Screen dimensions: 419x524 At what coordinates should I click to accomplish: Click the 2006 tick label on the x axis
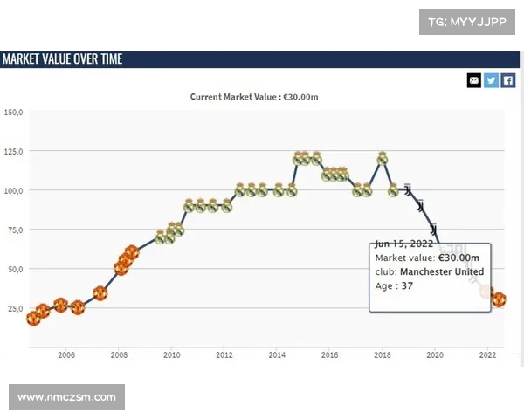coord(65,355)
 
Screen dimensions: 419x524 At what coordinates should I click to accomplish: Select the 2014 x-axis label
coord(277,355)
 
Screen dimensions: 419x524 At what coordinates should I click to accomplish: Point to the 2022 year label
coord(487,355)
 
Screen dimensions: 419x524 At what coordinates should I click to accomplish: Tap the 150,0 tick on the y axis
coord(13,113)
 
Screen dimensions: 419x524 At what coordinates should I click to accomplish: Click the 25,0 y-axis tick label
coord(13,308)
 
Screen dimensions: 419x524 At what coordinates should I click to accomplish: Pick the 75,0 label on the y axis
coord(13,230)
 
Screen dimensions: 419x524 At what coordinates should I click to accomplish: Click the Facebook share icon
coord(507,80)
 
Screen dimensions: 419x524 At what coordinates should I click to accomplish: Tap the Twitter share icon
coord(491,80)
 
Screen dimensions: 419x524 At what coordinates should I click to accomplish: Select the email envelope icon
coord(474,80)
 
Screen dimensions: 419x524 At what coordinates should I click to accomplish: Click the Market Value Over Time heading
coord(62,58)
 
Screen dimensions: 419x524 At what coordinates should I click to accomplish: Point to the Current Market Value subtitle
coord(253,97)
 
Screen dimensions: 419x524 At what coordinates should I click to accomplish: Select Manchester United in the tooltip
coord(442,271)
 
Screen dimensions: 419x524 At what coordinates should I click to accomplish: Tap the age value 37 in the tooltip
coord(407,285)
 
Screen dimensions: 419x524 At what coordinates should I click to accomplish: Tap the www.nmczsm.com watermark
coord(66,397)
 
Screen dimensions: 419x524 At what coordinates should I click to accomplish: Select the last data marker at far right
coord(499,299)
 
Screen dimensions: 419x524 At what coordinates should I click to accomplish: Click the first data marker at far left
coord(33,319)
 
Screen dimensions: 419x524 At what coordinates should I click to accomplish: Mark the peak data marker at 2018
coord(382,159)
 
